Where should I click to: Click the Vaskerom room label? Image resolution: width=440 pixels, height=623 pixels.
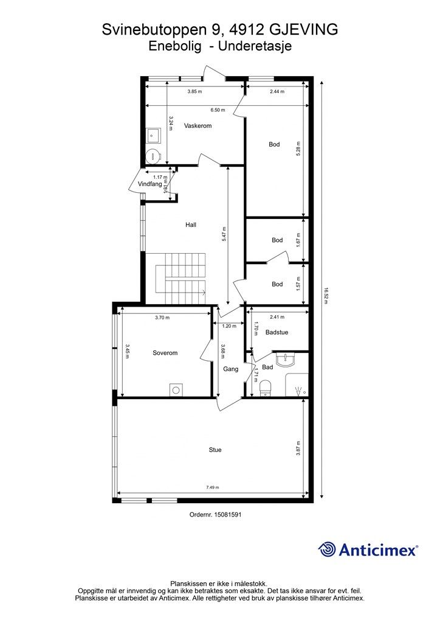(198, 125)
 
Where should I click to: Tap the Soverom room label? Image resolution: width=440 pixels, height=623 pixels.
(165, 353)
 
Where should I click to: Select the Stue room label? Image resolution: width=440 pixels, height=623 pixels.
(215, 450)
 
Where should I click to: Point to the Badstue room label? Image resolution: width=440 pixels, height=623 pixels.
(277, 332)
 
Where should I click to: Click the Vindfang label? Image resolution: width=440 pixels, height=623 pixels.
(150, 184)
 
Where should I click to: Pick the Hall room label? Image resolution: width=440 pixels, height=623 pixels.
(191, 224)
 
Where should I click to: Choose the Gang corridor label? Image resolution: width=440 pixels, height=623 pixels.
(230, 369)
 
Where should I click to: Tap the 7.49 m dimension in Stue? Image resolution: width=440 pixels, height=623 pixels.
(213, 487)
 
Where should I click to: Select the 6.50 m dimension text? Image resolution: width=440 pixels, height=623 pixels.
(218, 110)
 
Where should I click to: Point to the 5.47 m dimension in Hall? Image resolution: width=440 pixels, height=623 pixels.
(224, 234)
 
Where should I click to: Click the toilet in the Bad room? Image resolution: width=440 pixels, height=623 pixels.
(266, 388)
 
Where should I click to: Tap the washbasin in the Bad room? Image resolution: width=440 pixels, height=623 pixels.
(286, 359)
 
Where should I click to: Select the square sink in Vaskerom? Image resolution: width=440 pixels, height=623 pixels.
(153, 134)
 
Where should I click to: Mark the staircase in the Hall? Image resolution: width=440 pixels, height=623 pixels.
(181, 279)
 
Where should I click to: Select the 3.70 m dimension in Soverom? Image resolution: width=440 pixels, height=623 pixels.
(162, 318)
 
